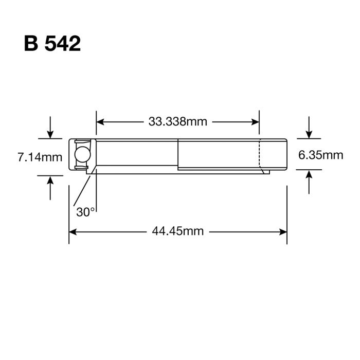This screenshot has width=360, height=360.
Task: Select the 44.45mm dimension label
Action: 177,231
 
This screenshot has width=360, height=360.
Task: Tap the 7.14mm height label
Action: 40,157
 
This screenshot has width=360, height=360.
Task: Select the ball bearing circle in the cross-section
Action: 82,154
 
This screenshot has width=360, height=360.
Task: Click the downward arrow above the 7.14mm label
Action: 50,134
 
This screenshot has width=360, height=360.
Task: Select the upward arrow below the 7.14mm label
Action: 50,180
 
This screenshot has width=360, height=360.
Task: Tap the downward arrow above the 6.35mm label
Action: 309,134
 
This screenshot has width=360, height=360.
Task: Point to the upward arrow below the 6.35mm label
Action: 309,176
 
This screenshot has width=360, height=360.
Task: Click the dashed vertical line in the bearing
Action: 259,153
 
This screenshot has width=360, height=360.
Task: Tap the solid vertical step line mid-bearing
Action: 178,154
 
